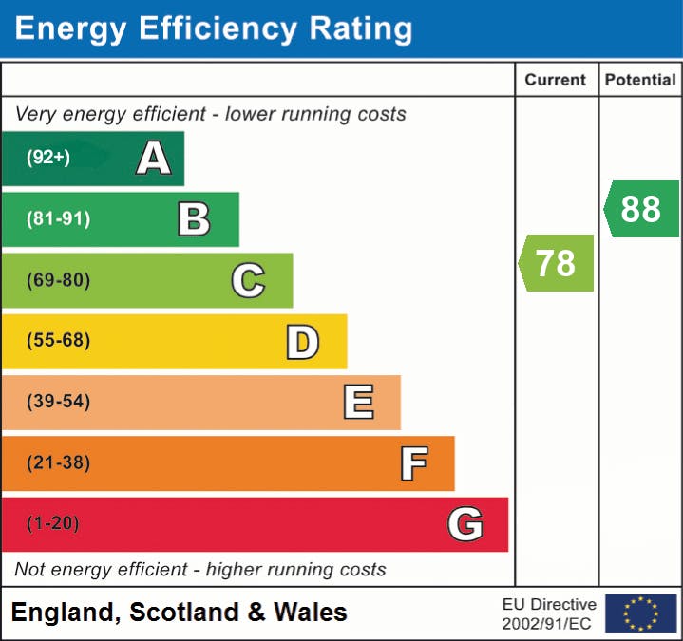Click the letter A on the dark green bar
(154, 158)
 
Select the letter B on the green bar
(194, 219)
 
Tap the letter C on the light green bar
(248, 280)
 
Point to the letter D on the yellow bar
(302, 341)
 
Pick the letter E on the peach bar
(358, 402)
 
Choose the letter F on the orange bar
(413, 463)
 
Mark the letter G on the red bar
(465, 523)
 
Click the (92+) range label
(48, 158)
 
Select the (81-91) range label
(59, 219)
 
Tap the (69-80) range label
(59, 280)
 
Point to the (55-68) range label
(59, 341)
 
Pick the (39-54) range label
(59, 402)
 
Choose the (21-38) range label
(59, 463)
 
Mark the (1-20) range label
(53, 523)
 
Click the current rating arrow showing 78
(557, 263)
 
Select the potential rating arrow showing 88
(641, 209)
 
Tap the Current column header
(557, 81)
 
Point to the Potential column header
(640, 81)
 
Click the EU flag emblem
(640, 613)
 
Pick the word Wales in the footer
(310, 613)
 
